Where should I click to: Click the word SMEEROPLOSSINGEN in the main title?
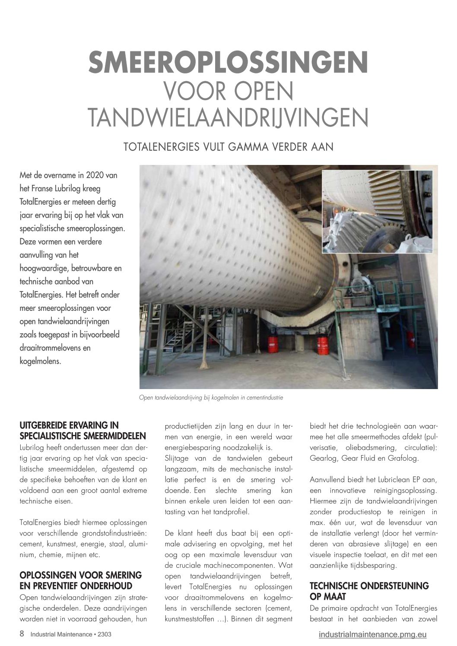coord(228,63)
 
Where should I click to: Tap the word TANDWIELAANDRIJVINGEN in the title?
coord(228,117)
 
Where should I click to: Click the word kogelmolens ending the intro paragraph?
coord(40,361)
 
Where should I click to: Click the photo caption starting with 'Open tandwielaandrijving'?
coord(211,397)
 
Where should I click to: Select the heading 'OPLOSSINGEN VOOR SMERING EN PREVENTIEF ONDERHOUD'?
coord(81,580)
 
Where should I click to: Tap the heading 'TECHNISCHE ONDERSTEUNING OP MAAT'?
coord(369,591)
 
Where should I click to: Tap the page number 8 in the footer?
coord(22,634)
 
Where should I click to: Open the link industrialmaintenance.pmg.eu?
coord(372,634)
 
